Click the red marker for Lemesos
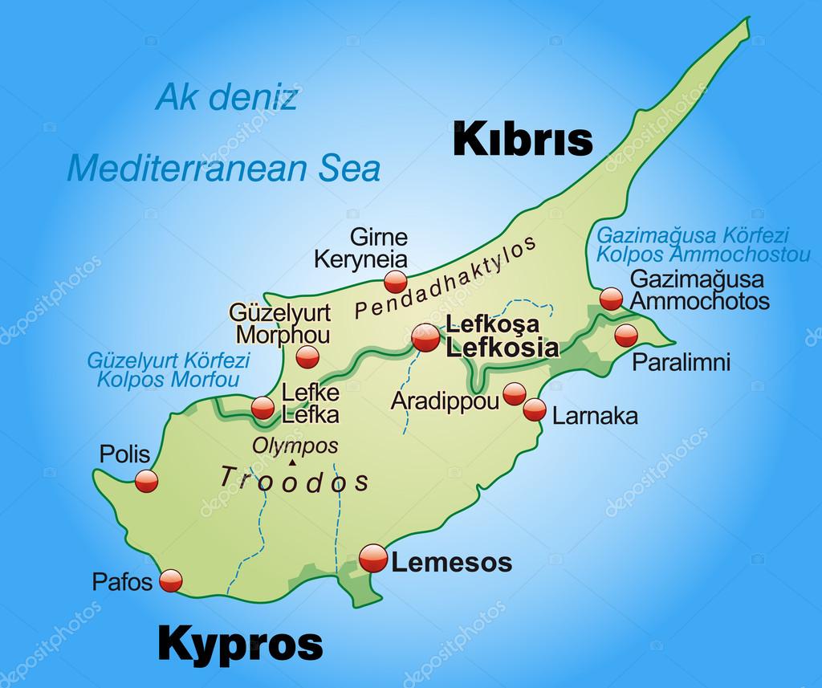373,556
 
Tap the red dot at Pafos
172,580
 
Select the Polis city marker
146,481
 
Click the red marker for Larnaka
535,410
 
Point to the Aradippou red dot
515,393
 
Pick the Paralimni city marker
625,336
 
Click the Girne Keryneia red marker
395,281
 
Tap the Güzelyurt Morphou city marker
307,356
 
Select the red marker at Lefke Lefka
262,408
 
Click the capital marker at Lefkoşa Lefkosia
425,337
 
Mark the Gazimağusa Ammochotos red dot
611,299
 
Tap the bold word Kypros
240,643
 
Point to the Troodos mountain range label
295,479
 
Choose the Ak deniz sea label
226,98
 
